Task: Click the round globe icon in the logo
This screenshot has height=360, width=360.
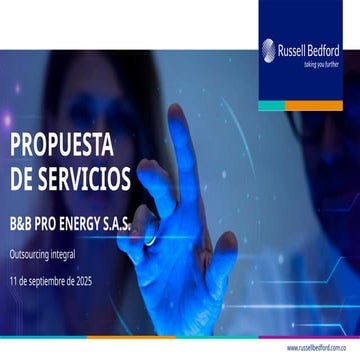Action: [269, 50]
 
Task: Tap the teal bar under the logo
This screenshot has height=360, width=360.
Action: [286, 105]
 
